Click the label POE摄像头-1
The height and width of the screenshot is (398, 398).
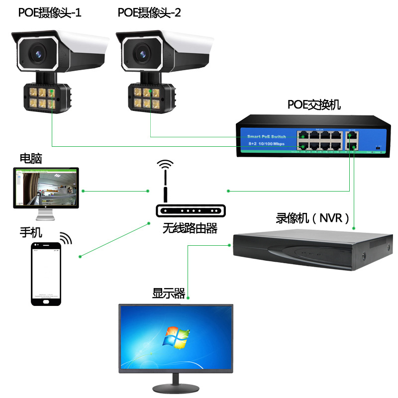pyautogui.click(x=50, y=12)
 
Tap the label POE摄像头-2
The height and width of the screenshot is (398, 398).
pyautogui.click(x=149, y=12)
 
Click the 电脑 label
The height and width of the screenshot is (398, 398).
pyautogui.click(x=31, y=159)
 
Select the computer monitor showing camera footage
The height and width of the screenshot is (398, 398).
pyautogui.click(x=46, y=188)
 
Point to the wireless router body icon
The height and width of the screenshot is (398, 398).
pyautogui.click(x=191, y=211)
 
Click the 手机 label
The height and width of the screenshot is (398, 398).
pyautogui.click(x=31, y=232)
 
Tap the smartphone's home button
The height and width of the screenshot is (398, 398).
pyautogui.click(x=46, y=300)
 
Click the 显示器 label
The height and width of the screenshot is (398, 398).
pyautogui.click(x=169, y=294)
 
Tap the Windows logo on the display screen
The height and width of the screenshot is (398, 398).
pyautogui.click(x=177, y=338)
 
